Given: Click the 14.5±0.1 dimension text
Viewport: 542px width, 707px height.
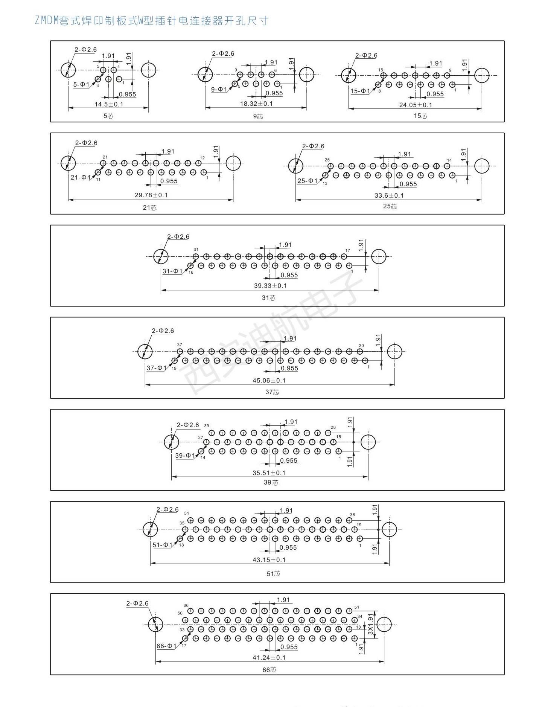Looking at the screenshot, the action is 109,104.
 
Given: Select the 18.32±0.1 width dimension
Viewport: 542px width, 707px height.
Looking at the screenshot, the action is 256,104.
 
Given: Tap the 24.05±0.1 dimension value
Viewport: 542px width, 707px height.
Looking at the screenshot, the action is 416,105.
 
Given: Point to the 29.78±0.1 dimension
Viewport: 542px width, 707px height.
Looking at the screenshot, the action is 151,195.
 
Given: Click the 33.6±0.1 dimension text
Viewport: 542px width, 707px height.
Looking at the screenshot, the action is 389,195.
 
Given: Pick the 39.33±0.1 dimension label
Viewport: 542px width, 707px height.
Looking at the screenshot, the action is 270,286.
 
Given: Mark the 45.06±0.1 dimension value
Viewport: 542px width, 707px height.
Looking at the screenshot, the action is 269,381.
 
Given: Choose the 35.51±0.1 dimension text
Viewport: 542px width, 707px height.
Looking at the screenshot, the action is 269,473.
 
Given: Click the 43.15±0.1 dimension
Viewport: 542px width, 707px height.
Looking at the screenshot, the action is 269,560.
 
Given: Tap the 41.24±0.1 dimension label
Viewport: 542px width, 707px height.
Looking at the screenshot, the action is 269,657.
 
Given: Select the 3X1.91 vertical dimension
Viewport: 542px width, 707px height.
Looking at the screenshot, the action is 371,625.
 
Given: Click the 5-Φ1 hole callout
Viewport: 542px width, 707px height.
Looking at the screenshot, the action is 81,85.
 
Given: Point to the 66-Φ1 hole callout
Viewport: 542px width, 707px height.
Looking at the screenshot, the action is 166,646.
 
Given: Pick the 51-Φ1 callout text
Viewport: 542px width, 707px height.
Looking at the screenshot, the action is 163,545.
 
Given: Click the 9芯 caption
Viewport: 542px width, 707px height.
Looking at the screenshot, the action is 258,116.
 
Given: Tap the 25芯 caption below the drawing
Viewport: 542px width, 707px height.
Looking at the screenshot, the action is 390,206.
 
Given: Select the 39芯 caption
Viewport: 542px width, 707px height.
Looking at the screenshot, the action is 271,483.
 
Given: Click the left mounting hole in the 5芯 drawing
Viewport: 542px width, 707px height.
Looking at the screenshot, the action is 68,70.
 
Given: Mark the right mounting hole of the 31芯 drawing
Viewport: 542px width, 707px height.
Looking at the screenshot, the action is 379,256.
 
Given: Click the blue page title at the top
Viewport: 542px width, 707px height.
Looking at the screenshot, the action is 151,20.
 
